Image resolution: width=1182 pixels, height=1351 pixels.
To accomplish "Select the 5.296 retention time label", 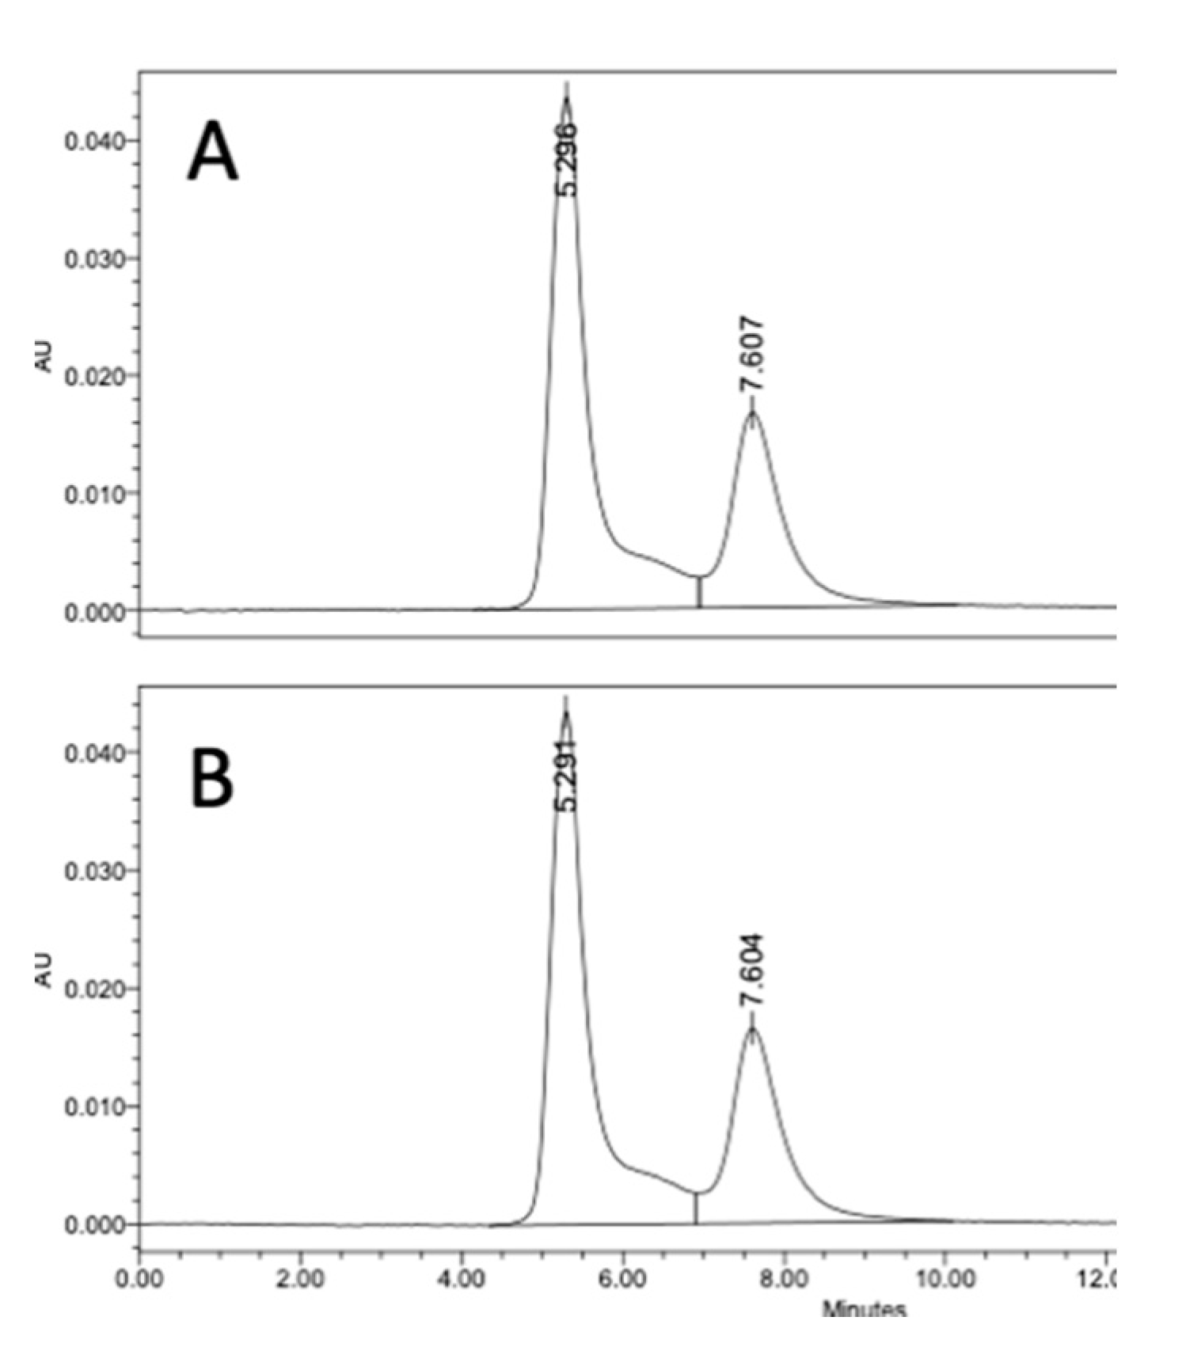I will click(567, 159).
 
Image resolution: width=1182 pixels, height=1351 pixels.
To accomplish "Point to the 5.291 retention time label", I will click(565, 775).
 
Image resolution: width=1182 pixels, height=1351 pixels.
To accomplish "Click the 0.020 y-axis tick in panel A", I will click(95, 376).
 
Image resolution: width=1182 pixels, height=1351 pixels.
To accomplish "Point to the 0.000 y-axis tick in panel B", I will click(95, 1224).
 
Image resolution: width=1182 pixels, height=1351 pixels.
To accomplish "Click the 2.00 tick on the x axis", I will click(301, 1278).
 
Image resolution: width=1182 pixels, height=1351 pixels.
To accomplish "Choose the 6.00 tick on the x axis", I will click(624, 1278).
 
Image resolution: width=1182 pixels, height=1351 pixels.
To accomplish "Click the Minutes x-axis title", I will click(864, 1308).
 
